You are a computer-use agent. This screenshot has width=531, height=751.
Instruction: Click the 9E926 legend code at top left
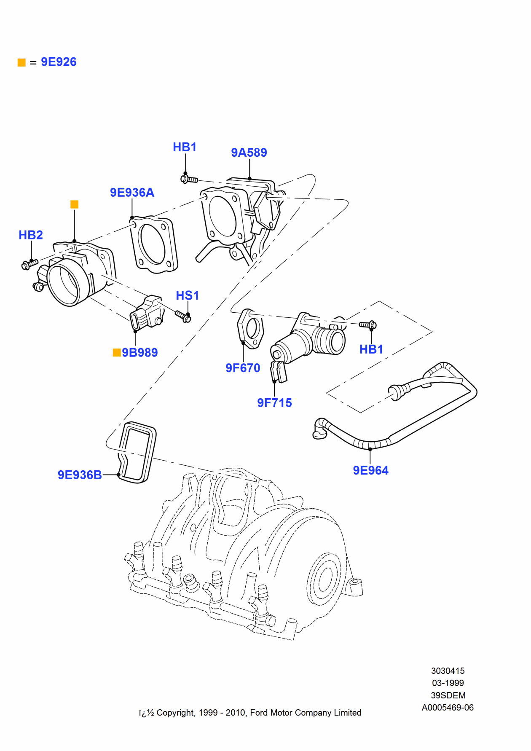(59, 62)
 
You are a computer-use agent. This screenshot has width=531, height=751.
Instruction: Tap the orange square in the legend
(21, 63)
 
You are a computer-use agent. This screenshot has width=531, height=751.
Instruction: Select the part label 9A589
(249, 153)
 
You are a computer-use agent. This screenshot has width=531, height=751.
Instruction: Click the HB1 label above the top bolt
(185, 147)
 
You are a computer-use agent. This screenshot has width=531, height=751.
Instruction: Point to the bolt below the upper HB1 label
(189, 180)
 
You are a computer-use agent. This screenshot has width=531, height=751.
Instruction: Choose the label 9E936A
(132, 193)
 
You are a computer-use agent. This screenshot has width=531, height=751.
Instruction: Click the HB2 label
(31, 235)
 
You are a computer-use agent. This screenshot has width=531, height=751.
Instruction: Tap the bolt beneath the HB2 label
(29, 264)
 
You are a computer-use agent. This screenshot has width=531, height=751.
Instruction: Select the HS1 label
(187, 295)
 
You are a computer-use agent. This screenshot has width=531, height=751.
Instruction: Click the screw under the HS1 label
(183, 316)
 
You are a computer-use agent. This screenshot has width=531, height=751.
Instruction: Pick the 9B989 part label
(139, 352)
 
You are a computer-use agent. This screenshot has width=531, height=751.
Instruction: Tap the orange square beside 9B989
(117, 352)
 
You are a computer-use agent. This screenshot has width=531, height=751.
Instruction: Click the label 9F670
(243, 368)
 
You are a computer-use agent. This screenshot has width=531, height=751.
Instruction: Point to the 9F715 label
(274, 403)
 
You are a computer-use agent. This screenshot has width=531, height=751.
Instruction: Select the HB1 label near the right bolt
(371, 349)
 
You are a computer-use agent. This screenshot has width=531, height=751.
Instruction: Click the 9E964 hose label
(370, 470)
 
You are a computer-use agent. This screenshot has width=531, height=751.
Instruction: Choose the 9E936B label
(80, 475)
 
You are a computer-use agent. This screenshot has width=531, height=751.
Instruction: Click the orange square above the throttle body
(74, 204)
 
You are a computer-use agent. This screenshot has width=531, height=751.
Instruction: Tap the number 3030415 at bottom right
(448, 671)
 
